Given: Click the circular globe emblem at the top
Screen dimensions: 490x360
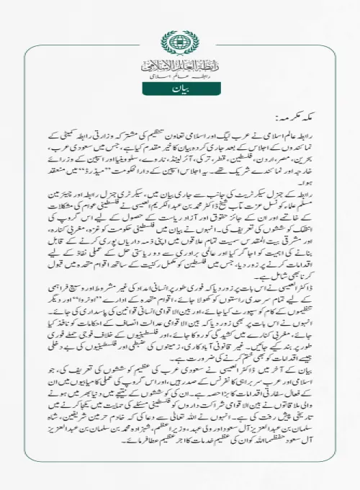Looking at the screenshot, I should click(180, 41).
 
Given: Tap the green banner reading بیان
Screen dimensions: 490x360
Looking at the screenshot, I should click(180, 90).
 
